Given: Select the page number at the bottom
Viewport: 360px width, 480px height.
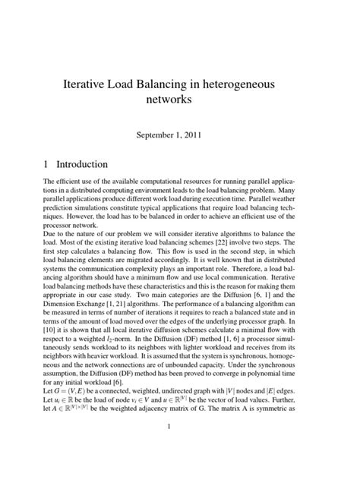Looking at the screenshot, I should click(x=180, y=447).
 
